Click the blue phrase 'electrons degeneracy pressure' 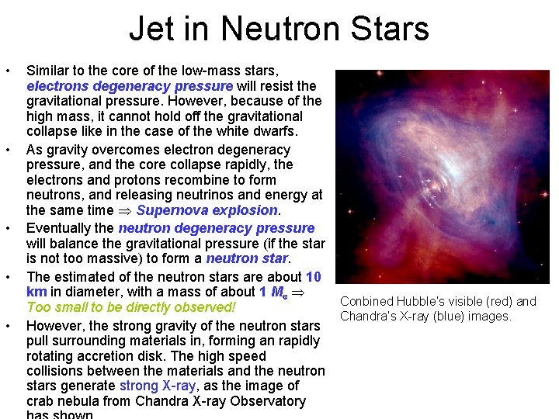click(x=130, y=86)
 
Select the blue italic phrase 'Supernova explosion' click(x=207, y=210)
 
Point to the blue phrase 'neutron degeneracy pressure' click(x=216, y=228)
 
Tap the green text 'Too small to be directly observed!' click(x=130, y=307)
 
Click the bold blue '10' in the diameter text click(x=313, y=276)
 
